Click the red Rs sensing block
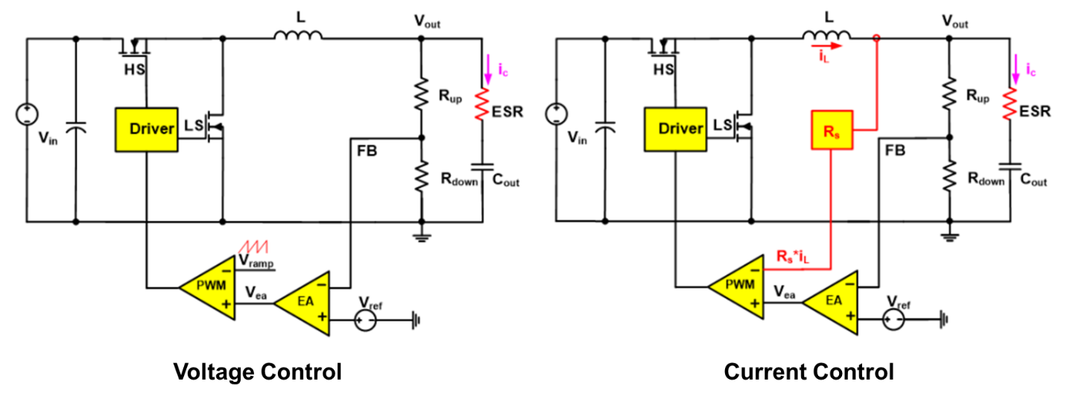click(832, 130)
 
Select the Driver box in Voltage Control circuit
click(147, 130)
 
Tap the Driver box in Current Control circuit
click(675, 130)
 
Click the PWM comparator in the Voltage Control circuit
click(208, 288)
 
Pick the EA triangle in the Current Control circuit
click(830, 302)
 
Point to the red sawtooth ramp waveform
click(254, 247)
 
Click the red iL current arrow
click(826, 46)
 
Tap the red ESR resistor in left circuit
click(481, 104)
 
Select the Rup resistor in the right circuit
click(949, 93)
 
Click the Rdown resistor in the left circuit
click(422, 176)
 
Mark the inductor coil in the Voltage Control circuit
click(298, 35)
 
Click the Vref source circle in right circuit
click(893, 319)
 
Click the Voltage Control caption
click(258, 371)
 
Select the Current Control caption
click(809, 371)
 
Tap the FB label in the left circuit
click(367, 151)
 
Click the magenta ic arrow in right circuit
click(1016, 69)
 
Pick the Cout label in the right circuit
click(1034, 180)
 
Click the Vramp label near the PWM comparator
click(256, 262)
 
